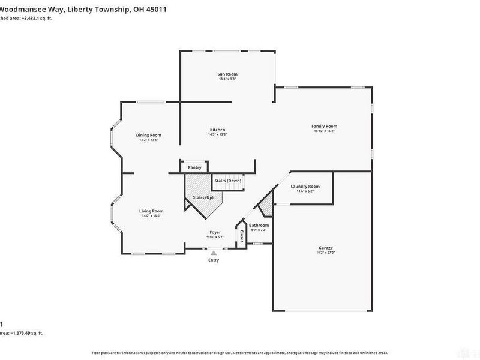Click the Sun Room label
227,74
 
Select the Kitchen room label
217,130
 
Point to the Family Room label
324,126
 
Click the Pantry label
194,167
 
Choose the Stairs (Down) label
227,181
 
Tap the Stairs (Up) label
203,197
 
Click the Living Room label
151,211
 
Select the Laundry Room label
305,186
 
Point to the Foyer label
215,232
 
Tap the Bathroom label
259,225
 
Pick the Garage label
326,248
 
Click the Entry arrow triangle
214,253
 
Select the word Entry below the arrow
214,260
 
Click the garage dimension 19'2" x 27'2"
326,253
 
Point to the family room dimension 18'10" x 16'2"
324,131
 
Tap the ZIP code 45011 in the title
155,10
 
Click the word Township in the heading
113,10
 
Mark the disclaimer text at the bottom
240,353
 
